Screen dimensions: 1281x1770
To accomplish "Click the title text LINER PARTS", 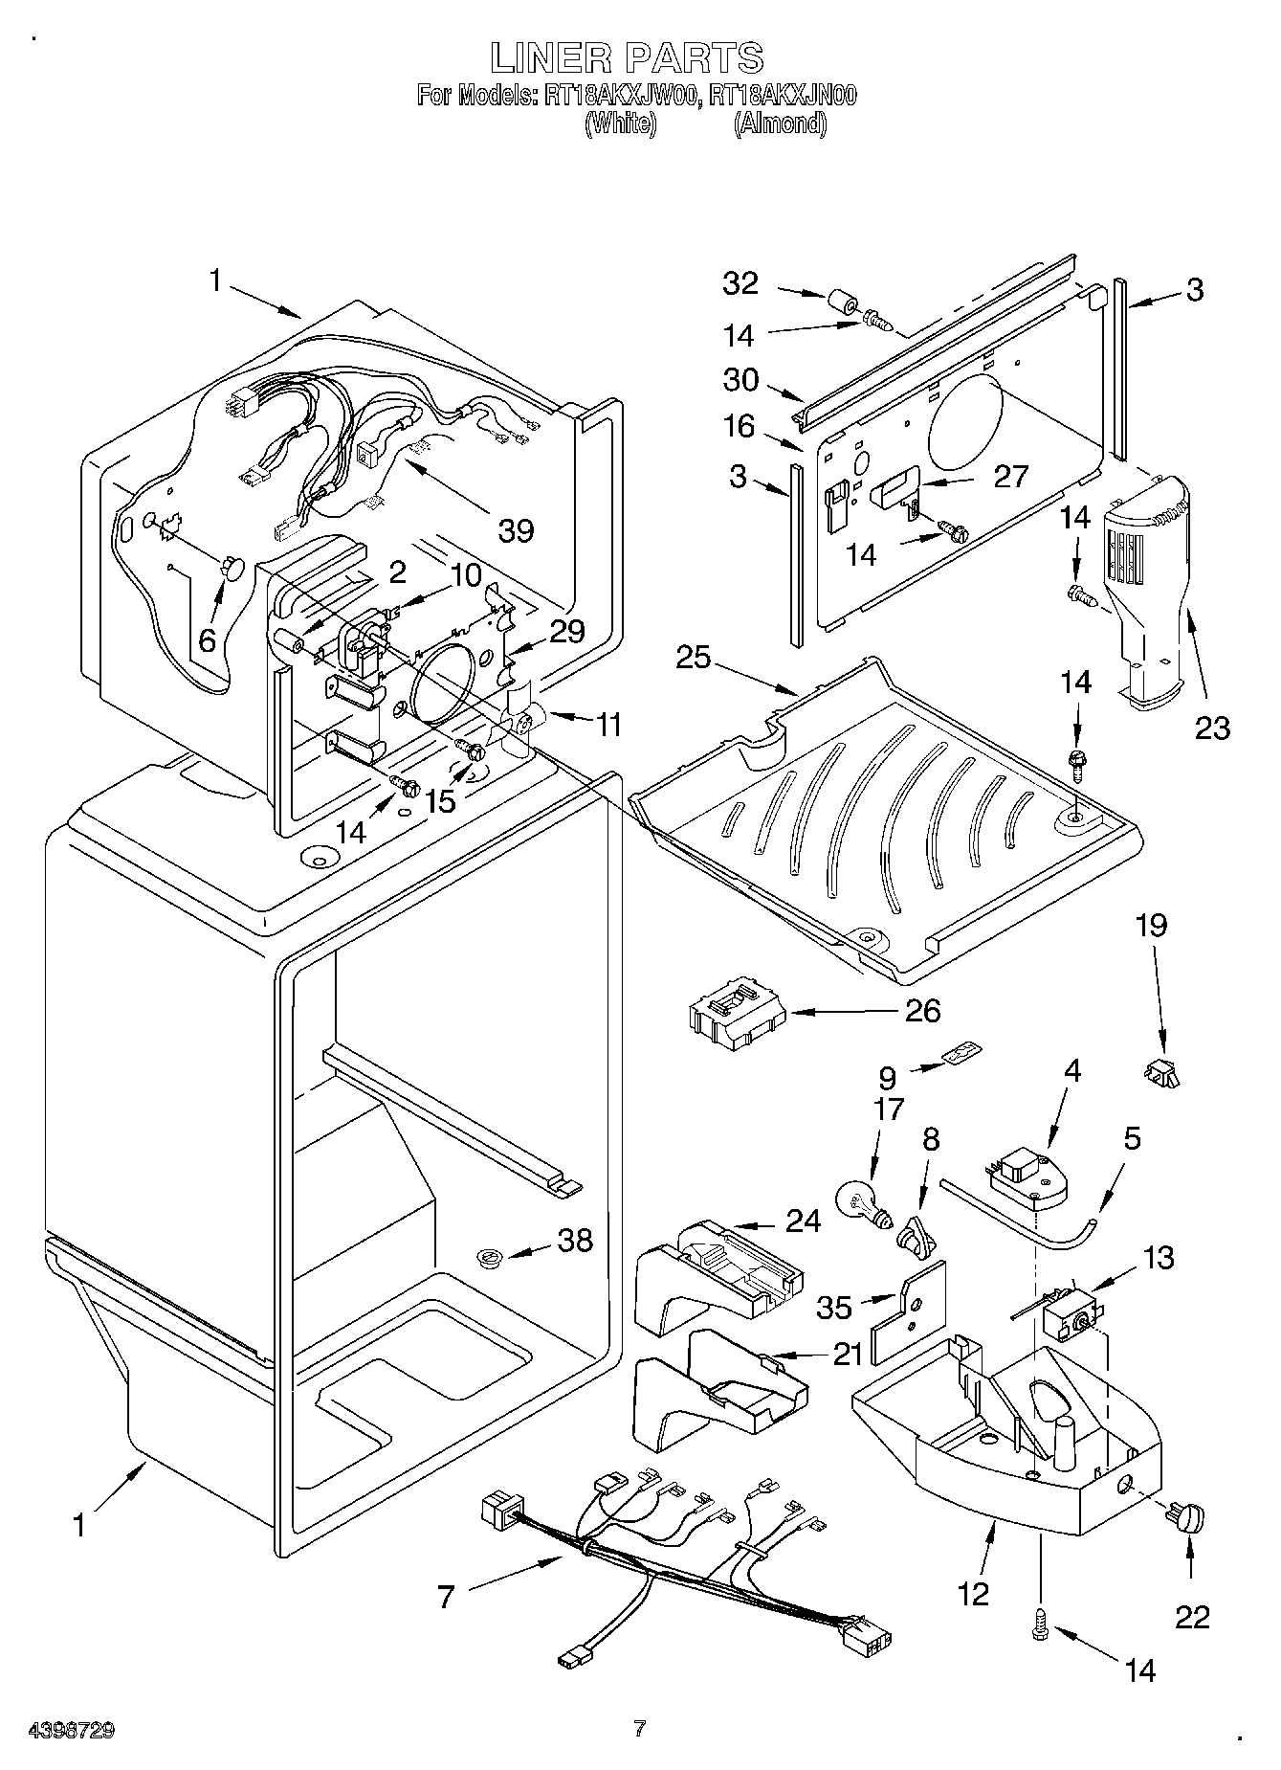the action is (628, 57).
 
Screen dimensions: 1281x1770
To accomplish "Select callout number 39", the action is (517, 529).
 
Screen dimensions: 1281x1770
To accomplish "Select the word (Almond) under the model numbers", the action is (780, 123).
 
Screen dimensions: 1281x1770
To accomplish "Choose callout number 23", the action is (1210, 728).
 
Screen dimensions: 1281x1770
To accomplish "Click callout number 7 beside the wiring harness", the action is (446, 1596).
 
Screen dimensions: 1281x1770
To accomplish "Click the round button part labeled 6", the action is (232, 569).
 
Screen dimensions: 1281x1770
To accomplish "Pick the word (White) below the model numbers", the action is (620, 123).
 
